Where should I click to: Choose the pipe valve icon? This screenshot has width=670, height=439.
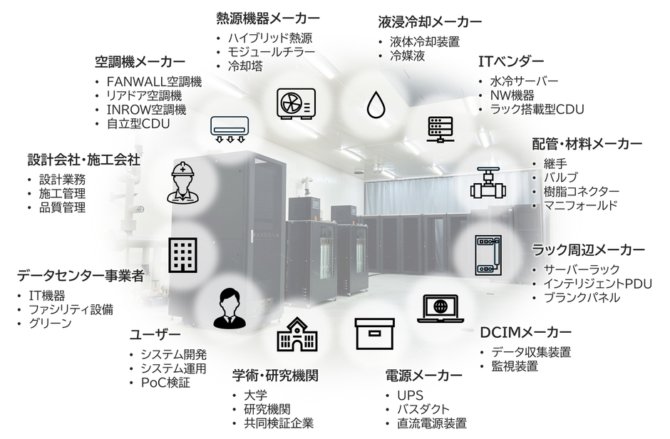tap(487, 184)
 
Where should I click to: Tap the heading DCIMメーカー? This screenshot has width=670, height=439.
tap(525, 333)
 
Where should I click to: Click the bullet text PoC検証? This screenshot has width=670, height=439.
tap(165, 383)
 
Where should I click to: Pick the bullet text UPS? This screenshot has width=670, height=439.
tap(414, 394)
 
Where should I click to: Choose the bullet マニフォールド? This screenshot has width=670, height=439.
tap(579, 206)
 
